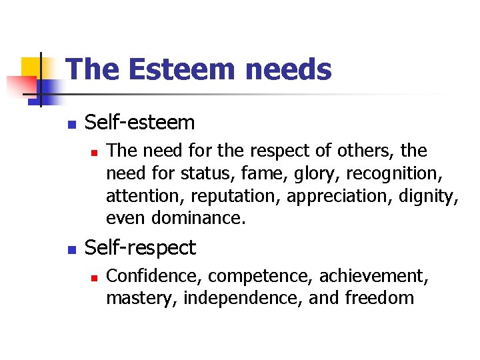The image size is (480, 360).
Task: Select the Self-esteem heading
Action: point(140,123)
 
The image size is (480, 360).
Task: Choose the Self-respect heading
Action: point(141,248)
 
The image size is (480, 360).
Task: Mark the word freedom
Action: point(379,297)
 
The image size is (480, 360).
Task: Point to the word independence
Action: point(242,297)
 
